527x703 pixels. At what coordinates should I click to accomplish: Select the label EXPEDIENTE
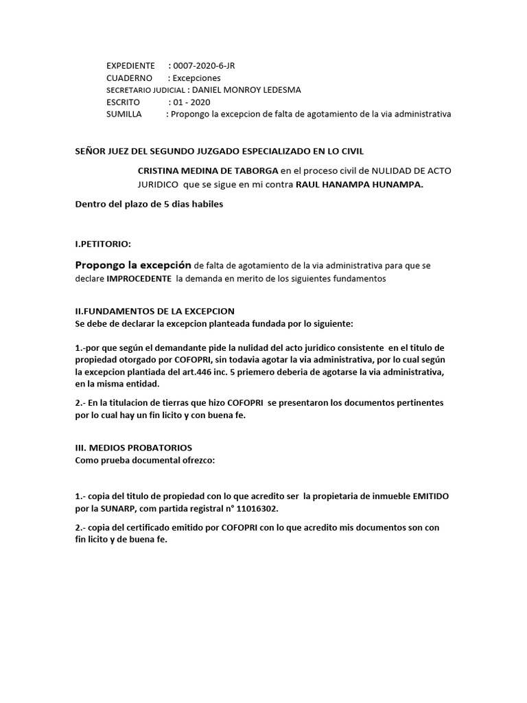pos(130,66)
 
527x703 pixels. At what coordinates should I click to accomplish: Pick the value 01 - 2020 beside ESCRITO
pos(192,102)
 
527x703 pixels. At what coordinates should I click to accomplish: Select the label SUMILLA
pos(124,115)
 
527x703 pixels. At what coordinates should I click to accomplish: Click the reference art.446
pos(224,372)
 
